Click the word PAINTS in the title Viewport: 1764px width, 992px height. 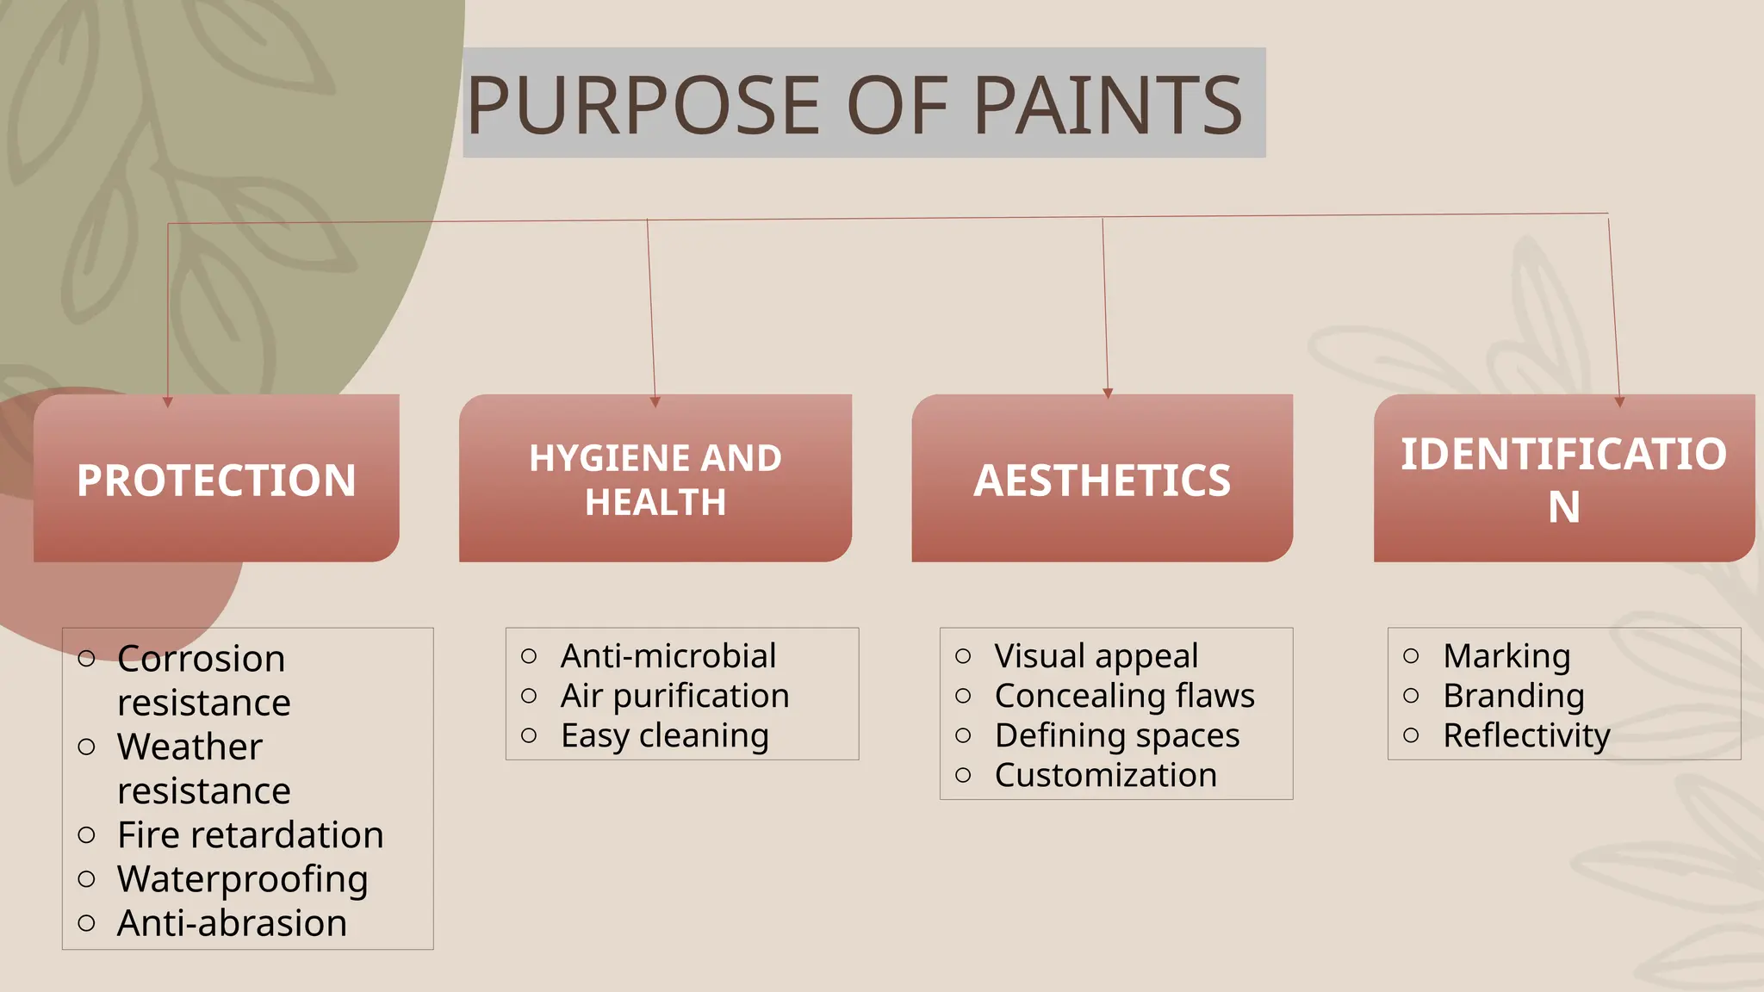click(x=1108, y=105)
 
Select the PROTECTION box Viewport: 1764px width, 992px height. click(x=216, y=480)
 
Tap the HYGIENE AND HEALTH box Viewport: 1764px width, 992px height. click(x=655, y=480)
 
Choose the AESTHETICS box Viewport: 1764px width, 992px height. click(x=1102, y=480)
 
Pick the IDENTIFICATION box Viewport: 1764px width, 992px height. click(x=1563, y=480)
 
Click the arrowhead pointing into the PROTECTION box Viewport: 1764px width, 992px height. click(x=168, y=401)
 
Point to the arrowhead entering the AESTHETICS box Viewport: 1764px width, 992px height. click(x=1108, y=393)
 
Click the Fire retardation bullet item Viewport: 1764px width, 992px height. click(x=250, y=835)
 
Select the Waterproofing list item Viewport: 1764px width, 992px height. click(x=242, y=879)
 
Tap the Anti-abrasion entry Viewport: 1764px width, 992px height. click(x=232, y=923)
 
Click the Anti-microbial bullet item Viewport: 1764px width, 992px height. click(x=668, y=656)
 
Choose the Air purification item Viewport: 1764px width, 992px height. click(x=674, y=696)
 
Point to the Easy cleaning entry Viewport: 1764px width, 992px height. click(x=664, y=735)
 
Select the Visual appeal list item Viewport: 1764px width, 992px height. click(x=1096, y=656)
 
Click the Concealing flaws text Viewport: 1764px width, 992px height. click(x=1124, y=696)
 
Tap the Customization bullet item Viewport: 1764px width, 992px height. click(x=1105, y=775)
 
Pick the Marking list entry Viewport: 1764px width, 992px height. click(x=1506, y=656)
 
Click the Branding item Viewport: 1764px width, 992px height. click(x=1513, y=696)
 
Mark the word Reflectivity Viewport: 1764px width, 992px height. click(x=1526, y=735)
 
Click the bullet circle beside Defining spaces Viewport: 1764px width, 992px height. click(x=963, y=735)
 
